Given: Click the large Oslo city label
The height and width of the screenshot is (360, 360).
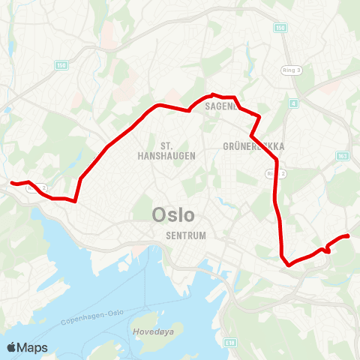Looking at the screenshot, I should pyautogui.click(x=173, y=215).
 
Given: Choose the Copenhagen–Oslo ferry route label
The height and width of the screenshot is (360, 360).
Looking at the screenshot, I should pyautogui.click(x=89, y=318).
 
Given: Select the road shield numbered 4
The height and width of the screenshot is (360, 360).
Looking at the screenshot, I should pyautogui.click(x=294, y=103).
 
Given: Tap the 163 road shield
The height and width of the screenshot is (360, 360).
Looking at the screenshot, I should pyautogui.click(x=343, y=156).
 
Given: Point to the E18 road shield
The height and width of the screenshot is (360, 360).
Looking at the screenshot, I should pyautogui.click(x=229, y=341).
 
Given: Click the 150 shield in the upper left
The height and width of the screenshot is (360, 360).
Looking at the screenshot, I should pyautogui.click(x=59, y=65).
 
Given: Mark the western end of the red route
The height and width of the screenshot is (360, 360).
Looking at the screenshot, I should pyautogui.click(x=10, y=182).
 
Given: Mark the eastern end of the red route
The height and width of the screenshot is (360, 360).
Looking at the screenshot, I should pyautogui.click(x=349, y=237).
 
